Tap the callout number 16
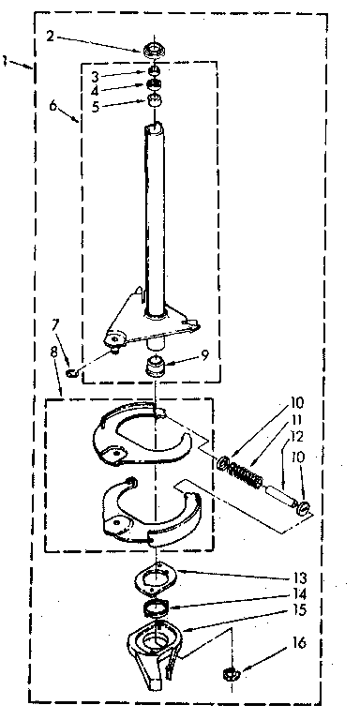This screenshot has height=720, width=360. pos(299,644)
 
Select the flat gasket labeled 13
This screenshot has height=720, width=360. pos(156,578)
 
